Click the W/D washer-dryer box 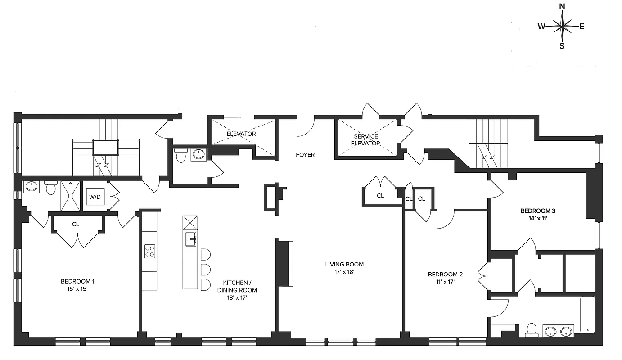tap(95, 197)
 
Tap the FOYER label tap(305, 155)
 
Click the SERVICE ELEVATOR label tap(365, 140)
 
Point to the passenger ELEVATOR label tap(241, 134)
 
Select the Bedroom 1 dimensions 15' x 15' tap(77, 289)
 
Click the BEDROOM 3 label tap(535, 211)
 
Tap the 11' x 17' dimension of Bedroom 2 tap(445, 282)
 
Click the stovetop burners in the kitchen tap(149, 251)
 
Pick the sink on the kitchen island tap(190, 239)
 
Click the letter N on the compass tap(562, 6)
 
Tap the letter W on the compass tap(541, 27)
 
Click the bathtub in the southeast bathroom tap(587, 315)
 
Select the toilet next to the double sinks tap(532, 329)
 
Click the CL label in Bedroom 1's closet tap(75, 224)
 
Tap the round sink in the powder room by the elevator tap(198, 155)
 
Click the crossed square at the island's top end tap(190, 222)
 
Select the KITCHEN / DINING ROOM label tap(237, 286)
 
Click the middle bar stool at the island tap(205, 270)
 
